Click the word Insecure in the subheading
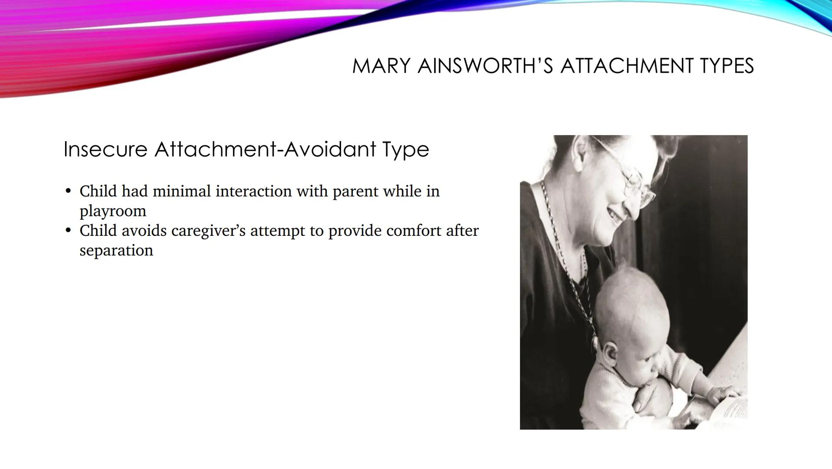(x=105, y=149)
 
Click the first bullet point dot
(x=68, y=191)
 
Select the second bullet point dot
(x=68, y=231)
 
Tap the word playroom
(x=113, y=211)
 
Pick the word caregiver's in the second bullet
(x=208, y=231)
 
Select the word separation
(x=116, y=251)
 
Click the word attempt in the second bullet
(x=277, y=231)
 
